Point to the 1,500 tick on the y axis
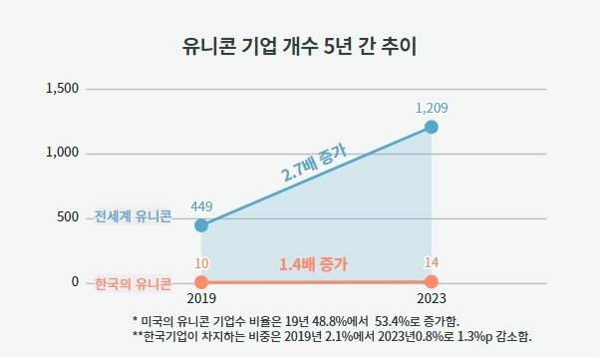[x=63, y=89]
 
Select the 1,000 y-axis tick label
[x=63, y=154]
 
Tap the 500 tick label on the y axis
[x=68, y=217]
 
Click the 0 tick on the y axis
[x=75, y=282]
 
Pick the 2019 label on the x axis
[x=201, y=298]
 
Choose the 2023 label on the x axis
[x=432, y=298]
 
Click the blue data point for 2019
[x=201, y=224]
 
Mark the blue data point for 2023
[x=432, y=127]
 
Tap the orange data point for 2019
[x=201, y=282]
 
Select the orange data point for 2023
[x=432, y=282]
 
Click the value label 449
[x=201, y=206]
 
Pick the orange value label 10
[x=201, y=263]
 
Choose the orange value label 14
[x=432, y=263]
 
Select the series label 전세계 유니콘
[x=133, y=216]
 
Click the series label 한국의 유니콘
[x=133, y=283]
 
